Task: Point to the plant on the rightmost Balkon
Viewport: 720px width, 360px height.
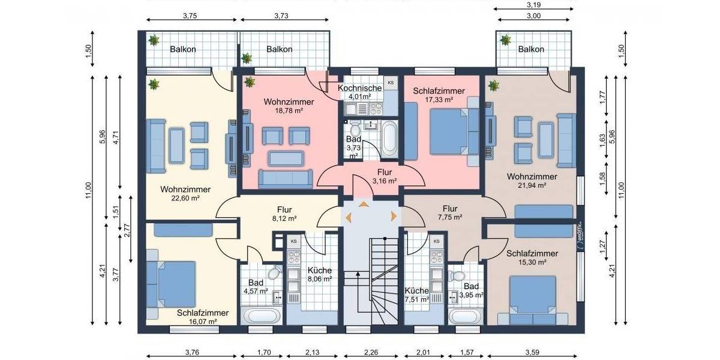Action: click(x=505, y=41)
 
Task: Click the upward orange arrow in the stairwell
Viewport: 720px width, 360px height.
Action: click(x=364, y=205)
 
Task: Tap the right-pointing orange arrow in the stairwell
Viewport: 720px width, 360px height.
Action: click(x=394, y=215)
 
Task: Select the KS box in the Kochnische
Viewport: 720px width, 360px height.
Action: click(x=391, y=82)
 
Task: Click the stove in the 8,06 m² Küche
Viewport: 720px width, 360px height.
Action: click(x=294, y=258)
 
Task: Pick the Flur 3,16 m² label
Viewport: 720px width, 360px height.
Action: click(x=384, y=176)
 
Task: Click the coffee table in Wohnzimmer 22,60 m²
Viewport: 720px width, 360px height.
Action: click(x=176, y=146)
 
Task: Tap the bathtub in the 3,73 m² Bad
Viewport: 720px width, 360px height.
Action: click(x=389, y=137)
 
